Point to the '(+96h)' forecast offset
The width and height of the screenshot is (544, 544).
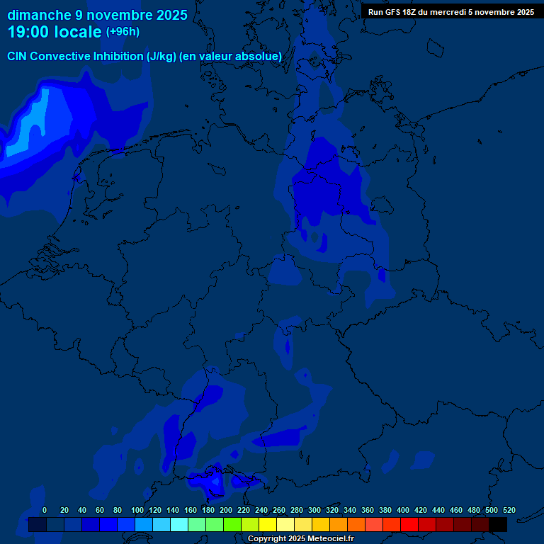click(123, 32)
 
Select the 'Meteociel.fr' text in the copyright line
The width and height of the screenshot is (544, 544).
click(326, 539)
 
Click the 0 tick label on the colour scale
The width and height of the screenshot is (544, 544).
click(45, 510)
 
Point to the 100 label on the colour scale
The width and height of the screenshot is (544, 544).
click(137, 510)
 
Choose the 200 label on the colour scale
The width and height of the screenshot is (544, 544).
click(226, 510)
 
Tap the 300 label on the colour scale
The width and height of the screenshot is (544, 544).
click(314, 510)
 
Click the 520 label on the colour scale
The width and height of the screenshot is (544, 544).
click(509, 510)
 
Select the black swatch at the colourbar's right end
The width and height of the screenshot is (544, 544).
click(498, 524)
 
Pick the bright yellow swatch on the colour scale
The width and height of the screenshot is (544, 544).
click(268, 524)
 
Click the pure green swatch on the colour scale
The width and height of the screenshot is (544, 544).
click(232, 524)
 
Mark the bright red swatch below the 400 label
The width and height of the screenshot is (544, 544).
click(409, 524)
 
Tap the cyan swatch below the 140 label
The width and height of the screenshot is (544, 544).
click(179, 524)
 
